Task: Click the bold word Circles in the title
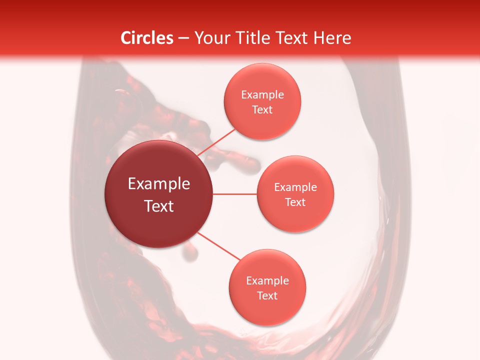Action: click(x=146, y=38)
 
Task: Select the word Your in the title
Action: click(x=209, y=38)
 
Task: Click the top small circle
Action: click(x=262, y=101)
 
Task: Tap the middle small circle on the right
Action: click(x=295, y=194)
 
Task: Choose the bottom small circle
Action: click(x=267, y=287)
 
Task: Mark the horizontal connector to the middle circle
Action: click(x=234, y=194)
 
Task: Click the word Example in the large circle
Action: click(x=159, y=184)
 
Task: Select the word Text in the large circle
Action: click(x=159, y=206)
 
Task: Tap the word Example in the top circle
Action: click(x=262, y=94)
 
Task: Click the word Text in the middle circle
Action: click(x=295, y=202)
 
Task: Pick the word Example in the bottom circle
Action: click(x=267, y=280)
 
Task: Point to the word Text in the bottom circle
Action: click(x=267, y=295)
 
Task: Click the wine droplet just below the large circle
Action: click(x=189, y=252)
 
